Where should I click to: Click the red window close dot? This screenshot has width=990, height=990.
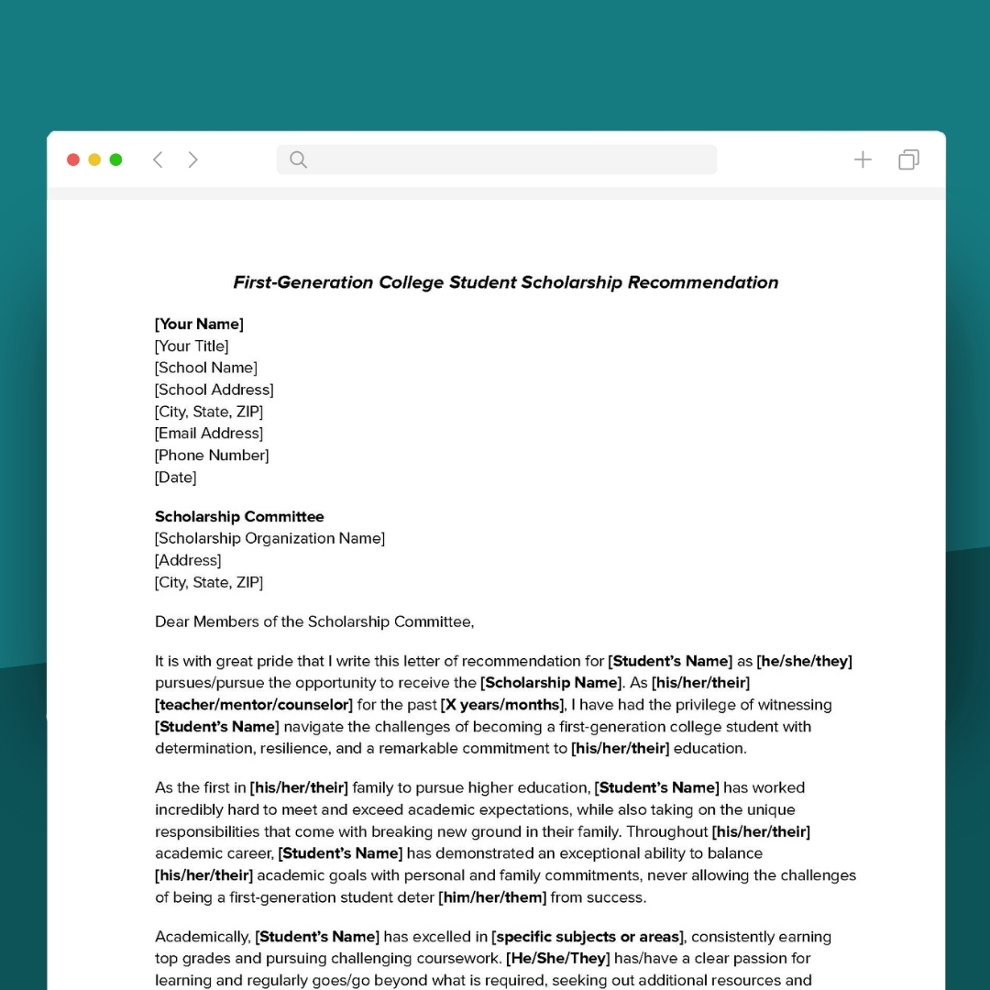click(x=73, y=159)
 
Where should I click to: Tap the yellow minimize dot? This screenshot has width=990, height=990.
click(x=94, y=159)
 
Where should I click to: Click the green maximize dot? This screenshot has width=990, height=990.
click(x=115, y=159)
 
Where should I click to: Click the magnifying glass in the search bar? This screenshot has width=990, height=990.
click(x=298, y=159)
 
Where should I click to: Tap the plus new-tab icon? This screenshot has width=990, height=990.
click(x=863, y=159)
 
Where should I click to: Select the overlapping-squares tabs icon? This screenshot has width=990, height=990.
click(x=908, y=159)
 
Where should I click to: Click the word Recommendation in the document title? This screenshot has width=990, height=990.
click(x=703, y=282)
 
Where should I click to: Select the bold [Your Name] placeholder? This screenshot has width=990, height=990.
click(x=199, y=324)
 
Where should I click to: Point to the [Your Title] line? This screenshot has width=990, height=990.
click(x=192, y=346)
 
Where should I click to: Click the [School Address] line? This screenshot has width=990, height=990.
click(x=214, y=390)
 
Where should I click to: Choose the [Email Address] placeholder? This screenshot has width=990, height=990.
click(x=209, y=433)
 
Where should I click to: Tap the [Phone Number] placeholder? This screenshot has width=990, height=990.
click(x=212, y=455)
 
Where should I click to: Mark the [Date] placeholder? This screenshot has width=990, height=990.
click(x=175, y=477)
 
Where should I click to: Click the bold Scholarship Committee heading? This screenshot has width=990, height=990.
click(x=239, y=516)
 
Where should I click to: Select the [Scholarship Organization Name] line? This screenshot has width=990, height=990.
click(x=269, y=538)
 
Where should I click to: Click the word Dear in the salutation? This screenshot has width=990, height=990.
click(x=171, y=621)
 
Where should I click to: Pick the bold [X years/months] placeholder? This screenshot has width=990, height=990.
click(x=501, y=705)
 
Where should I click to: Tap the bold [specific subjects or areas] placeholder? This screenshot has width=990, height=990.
click(x=588, y=937)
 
